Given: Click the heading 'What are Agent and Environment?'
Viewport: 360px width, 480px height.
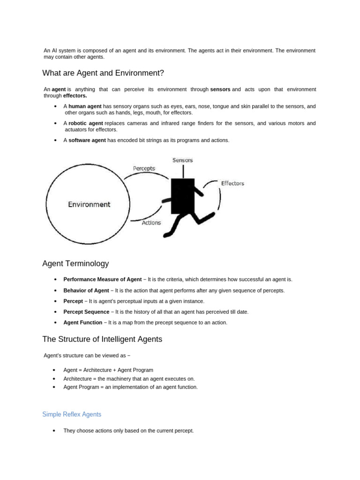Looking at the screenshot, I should [x=103, y=73].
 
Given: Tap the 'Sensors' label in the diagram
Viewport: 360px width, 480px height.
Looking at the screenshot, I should [x=182, y=160].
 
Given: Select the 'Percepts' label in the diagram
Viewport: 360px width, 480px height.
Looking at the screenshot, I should [x=144, y=168].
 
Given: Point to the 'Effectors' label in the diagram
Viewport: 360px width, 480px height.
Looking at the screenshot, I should [x=232, y=183].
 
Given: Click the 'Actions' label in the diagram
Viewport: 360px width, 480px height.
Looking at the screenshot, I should [x=151, y=223].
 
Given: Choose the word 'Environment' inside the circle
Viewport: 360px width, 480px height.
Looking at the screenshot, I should [x=89, y=204].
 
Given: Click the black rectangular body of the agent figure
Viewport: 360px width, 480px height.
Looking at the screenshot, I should [x=182, y=195].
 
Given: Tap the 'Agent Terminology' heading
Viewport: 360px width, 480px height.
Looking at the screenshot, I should [x=75, y=264].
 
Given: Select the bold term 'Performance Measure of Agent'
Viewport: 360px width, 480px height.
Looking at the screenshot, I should [x=102, y=279].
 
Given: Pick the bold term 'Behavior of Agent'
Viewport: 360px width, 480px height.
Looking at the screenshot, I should [x=86, y=291].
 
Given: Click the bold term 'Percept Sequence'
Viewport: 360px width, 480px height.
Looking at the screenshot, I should [x=87, y=312].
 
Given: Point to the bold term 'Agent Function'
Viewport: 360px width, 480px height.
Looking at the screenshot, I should [x=82, y=322].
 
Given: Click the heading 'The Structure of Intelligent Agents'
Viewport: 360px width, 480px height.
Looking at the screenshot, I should [x=102, y=339].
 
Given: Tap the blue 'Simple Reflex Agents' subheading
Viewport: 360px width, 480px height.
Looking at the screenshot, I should [x=72, y=414].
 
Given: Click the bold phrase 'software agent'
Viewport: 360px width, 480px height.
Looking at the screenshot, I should [x=87, y=140].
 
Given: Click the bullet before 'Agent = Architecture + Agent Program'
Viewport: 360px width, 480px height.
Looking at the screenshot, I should [x=55, y=370].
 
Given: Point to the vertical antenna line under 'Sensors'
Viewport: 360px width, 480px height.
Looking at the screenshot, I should [x=182, y=171].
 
